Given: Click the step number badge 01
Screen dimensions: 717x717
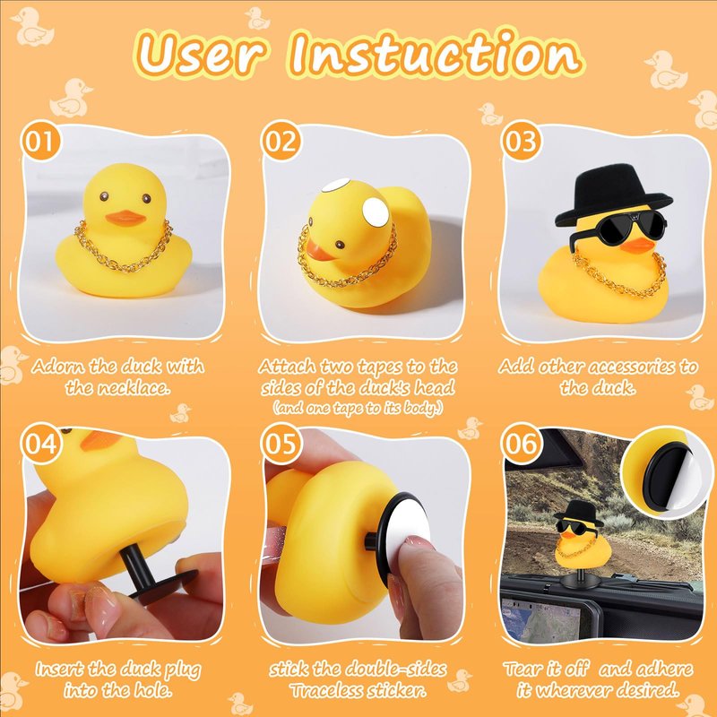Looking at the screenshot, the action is (40, 141).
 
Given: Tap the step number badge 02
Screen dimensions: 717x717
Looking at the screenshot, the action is (281, 141).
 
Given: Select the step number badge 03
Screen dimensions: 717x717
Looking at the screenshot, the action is (521, 141).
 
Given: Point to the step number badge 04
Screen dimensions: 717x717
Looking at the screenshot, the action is (40, 443).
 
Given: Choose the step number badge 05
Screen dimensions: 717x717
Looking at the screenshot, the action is (281, 443).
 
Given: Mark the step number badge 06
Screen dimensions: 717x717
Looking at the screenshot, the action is (521, 443).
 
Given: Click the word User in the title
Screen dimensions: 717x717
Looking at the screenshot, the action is (201, 54).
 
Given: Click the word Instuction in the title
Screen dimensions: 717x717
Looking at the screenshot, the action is (436, 53).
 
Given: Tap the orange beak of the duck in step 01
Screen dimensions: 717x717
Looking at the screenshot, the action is (125, 218).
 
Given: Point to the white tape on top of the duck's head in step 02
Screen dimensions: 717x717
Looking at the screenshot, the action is (335, 186).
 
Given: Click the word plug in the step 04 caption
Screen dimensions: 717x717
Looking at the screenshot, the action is (182, 670).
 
